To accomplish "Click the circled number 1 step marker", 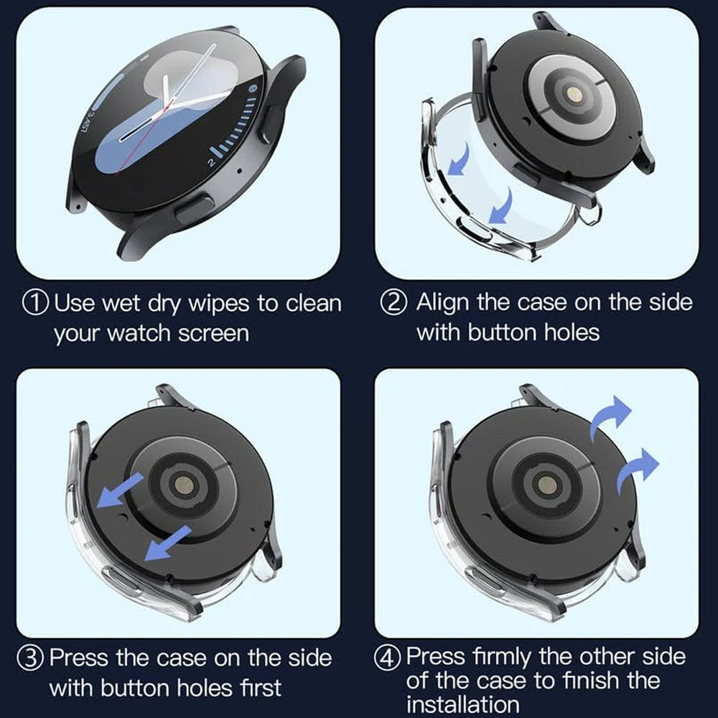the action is (35, 303).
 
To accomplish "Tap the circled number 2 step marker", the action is (393, 303).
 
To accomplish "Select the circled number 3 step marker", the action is (31, 658).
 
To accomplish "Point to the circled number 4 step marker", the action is (388, 658).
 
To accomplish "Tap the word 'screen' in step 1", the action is (213, 334).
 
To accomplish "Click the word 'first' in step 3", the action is (261, 688).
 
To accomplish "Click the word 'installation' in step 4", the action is (462, 705).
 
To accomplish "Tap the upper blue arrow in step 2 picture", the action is (460, 159).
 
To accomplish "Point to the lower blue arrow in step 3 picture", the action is (167, 544).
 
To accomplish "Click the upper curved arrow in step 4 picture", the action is (610, 417).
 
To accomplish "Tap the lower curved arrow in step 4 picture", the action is (638, 470).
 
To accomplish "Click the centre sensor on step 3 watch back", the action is (183, 485).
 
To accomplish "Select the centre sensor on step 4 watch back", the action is (546, 485).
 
